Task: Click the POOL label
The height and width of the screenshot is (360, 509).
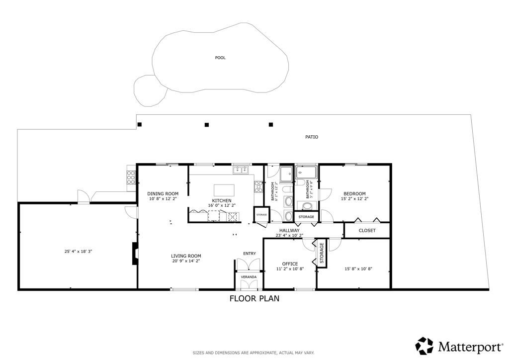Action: pyautogui.click(x=220, y=58)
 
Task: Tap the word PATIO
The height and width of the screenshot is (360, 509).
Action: pyautogui.click(x=312, y=137)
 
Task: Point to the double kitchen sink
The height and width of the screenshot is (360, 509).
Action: pyautogui.click(x=241, y=171)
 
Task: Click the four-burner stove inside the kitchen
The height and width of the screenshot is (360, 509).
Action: pyautogui.click(x=258, y=186)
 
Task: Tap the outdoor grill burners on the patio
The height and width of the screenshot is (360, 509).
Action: pyautogui.click(x=131, y=178)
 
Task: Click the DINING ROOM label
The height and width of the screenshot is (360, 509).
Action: pyautogui.click(x=163, y=193)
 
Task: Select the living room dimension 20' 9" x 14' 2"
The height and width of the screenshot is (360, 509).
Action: pyautogui.click(x=186, y=261)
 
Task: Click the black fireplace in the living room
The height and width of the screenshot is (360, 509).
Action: pyautogui.click(x=134, y=253)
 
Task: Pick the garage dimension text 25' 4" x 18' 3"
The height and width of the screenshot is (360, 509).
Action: pyautogui.click(x=78, y=252)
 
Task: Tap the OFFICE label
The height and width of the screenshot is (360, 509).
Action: pyautogui.click(x=290, y=264)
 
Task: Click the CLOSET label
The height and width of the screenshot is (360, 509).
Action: pyautogui.click(x=367, y=231)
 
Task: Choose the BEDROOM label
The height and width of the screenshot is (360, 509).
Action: pyautogui.click(x=354, y=193)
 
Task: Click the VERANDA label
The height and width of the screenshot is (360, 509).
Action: pyautogui.click(x=249, y=276)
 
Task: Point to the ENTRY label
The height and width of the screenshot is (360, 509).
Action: pyautogui.click(x=249, y=254)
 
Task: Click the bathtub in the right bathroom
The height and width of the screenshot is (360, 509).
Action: pyautogui.click(x=306, y=173)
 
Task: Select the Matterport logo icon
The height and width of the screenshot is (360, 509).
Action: pyautogui.click(x=424, y=346)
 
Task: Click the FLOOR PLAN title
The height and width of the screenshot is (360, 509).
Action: pyautogui.click(x=254, y=299)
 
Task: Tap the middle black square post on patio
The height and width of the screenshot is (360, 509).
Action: pyautogui.click(x=207, y=125)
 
